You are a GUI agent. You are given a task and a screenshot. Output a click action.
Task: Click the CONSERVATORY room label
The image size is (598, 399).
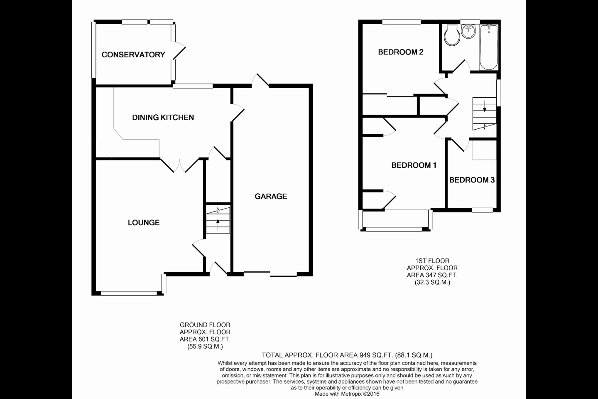133,54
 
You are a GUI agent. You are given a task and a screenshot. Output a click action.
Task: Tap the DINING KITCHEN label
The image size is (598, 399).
163,117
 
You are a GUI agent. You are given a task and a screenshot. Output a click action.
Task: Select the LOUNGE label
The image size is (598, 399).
144,223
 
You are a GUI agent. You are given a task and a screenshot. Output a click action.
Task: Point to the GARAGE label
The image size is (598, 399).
271,196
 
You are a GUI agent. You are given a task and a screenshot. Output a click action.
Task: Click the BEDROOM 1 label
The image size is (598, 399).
414,165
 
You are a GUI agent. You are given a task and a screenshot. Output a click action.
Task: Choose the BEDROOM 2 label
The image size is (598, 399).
401,52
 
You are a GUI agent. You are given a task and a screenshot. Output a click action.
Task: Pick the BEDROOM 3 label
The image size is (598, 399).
472,180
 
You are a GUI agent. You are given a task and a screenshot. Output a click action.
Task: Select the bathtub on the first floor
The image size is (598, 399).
489,47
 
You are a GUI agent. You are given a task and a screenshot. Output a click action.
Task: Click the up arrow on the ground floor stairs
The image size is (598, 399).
218,225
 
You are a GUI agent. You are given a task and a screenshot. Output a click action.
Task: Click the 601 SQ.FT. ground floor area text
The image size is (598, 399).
205,339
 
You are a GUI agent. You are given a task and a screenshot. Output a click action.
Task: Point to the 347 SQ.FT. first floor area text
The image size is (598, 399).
432,275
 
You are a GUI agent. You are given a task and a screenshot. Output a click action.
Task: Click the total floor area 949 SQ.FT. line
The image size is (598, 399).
347,355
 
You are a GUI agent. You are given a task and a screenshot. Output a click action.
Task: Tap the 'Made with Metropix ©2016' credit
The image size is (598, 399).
347,394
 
